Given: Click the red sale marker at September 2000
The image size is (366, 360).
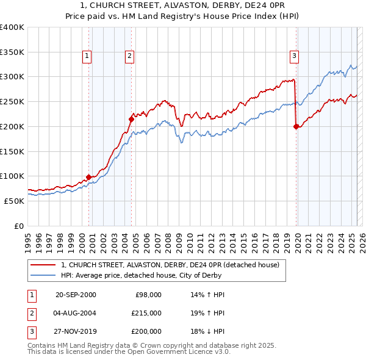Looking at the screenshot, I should (88, 177).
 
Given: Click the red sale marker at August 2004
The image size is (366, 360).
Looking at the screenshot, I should (131, 119).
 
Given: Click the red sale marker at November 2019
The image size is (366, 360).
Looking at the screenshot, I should (296, 127).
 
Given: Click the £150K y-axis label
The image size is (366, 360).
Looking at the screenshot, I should (12, 151).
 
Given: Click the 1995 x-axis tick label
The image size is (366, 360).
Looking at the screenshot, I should (28, 237).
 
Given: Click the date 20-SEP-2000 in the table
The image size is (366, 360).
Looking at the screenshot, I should (76, 294).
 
